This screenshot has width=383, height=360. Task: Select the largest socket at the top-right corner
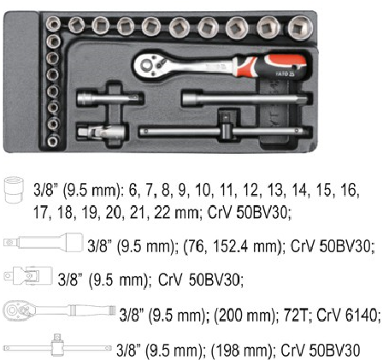pyautogui.click(x=300, y=27)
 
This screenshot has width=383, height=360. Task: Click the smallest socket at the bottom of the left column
pyautogui.click(x=53, y=141)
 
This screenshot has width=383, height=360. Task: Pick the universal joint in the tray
pyautogui.click(x=101, y=132)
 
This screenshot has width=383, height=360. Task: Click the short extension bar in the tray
pyautogui.click(x=109, y=99)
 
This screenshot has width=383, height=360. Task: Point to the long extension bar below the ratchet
pyautogui.click(x=245, y=98)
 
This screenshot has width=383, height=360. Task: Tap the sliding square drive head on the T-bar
pyautogui.click(x=227, y=125)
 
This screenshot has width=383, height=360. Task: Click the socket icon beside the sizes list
pyautogui.click(x=14, y=190)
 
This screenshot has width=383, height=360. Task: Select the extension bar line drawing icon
pyautogui.click(x=44, y=243)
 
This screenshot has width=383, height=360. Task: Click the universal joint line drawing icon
pyautogui.click(x=28, y=275)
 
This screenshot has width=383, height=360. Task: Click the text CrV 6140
pyautogui.click(x=347, y=316)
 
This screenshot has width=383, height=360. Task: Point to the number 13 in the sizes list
pyautogui.click(x=275, y=190)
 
